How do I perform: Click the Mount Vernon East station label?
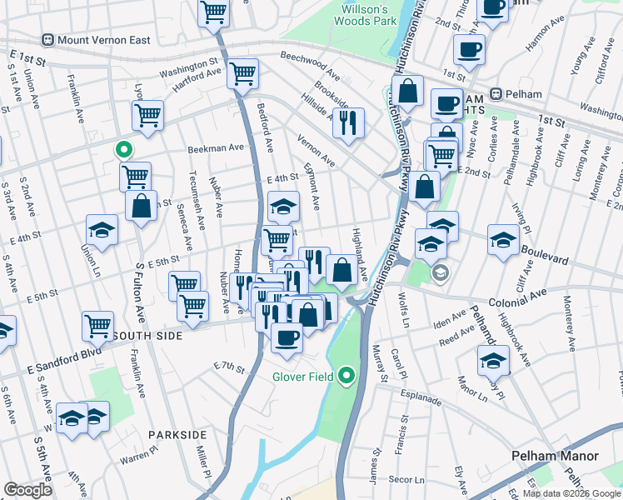[102, 39]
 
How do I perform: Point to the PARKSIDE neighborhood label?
[177, 435]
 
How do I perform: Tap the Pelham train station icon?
[496, 93]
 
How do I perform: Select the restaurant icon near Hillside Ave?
[348, 122]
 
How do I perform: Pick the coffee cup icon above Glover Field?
[287, 337]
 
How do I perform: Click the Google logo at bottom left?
[27, 490]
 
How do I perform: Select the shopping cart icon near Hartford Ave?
[242, 73]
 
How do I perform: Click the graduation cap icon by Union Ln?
[102, 230]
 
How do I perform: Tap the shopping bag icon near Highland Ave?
[341, 268]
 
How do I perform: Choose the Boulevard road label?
[544, 248]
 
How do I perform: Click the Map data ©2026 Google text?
[571, 493]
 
